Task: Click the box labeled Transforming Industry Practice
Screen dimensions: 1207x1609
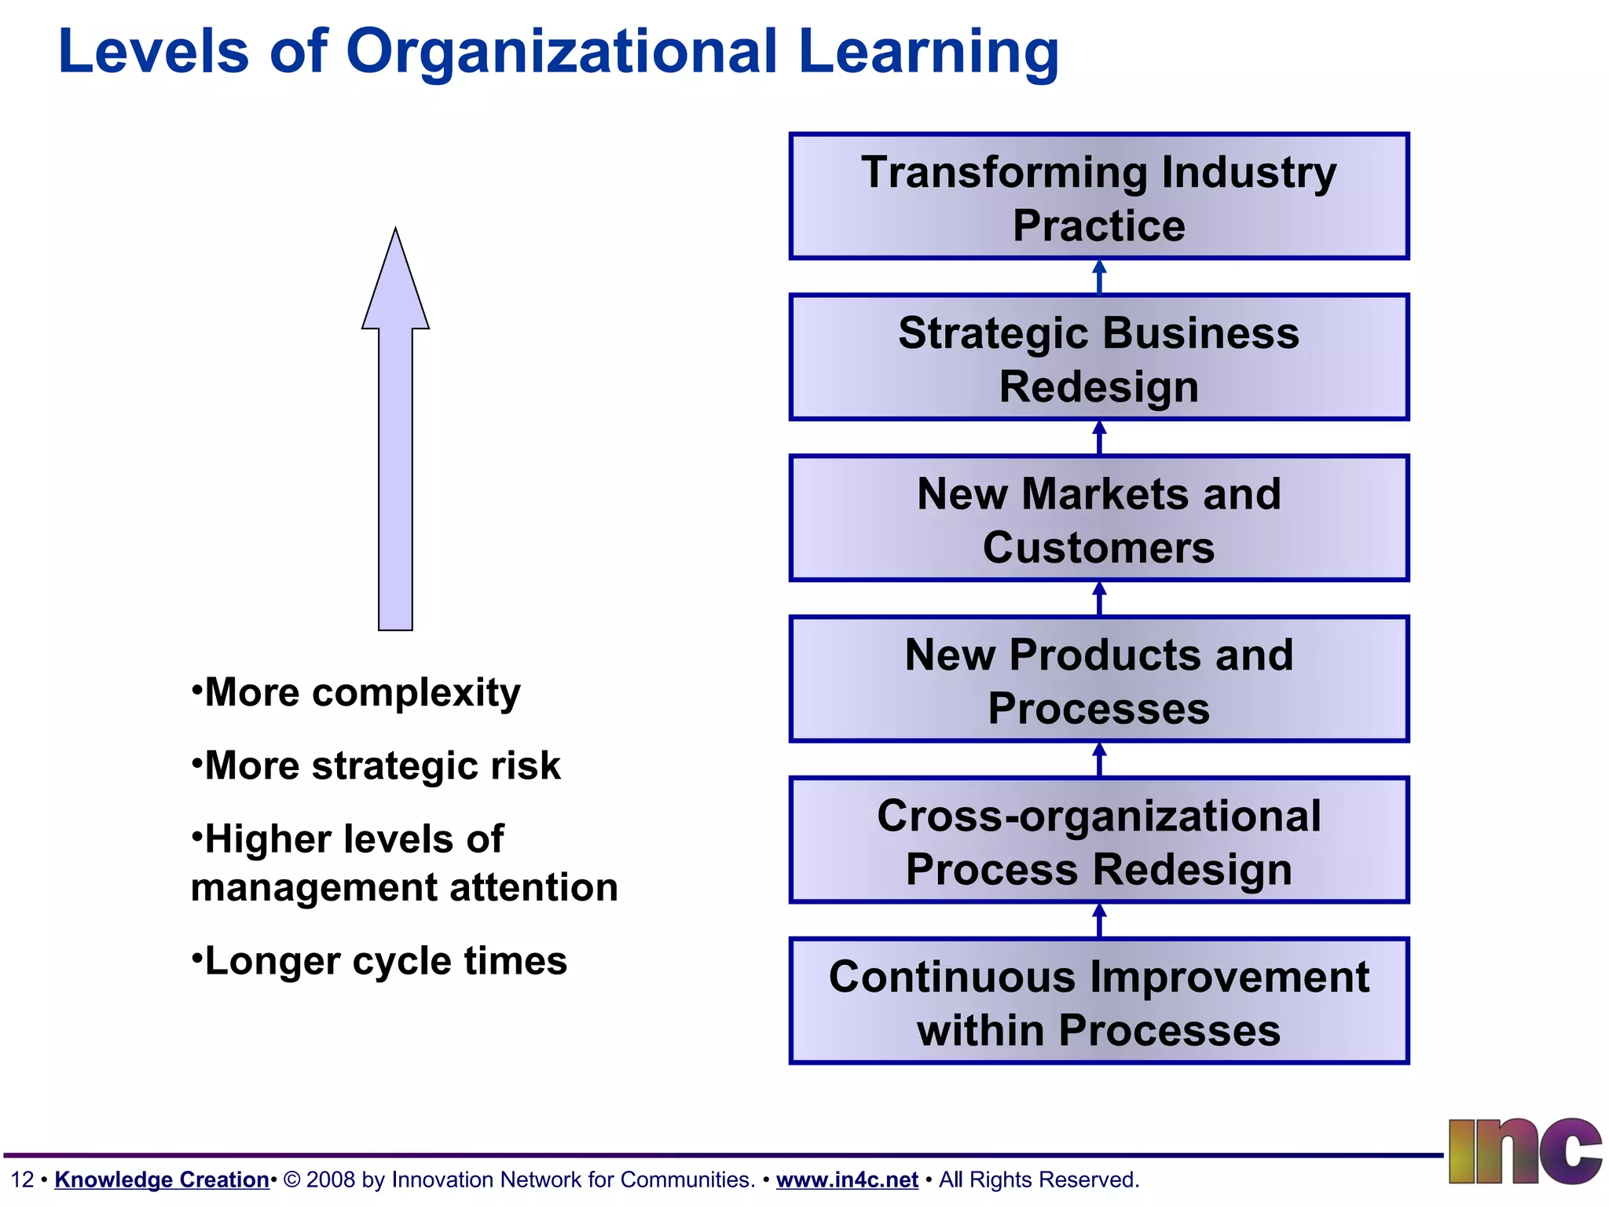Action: tap(1098, 196)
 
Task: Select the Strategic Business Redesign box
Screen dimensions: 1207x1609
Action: tap(1098, 358)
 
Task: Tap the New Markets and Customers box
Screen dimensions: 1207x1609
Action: tap(1098, 519)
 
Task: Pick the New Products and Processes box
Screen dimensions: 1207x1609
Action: tap(1098, 680)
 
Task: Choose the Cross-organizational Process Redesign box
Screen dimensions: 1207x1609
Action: tap(1098, 841)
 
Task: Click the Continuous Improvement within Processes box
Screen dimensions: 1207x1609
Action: tap(1098, 1002)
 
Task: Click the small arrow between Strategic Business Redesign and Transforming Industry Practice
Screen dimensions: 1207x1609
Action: tap(1099, 277)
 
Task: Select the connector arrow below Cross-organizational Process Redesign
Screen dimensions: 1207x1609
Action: tap(1099, 920)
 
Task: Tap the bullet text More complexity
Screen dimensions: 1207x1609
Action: tap(361, 693)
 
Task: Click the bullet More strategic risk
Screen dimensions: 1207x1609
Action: tap(382, 766)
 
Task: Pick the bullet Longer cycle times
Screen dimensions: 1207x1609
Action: tap(385, 961)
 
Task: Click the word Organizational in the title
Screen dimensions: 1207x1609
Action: tap(561, 52)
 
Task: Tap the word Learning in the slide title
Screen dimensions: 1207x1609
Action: tap(928, 52)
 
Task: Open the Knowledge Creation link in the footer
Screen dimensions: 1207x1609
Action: tap(162, 1179)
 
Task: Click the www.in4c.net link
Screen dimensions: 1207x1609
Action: tap(847, 1179)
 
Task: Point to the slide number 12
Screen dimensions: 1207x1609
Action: tap(22, 1179)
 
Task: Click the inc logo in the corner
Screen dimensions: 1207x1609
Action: tap(1524, 1151)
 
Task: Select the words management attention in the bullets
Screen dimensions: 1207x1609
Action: tap(404, 888)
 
